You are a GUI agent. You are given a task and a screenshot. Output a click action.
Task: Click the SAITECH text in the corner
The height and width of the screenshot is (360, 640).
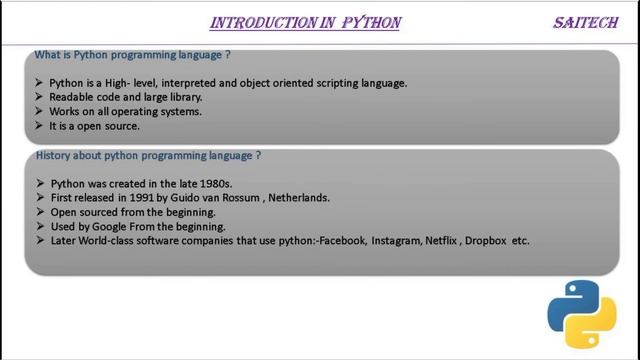pos(585,23)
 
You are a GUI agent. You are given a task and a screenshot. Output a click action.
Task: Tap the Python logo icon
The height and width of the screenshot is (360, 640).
pos(581,313)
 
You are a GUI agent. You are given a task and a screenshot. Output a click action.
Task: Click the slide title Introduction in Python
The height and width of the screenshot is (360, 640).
pos(305,23)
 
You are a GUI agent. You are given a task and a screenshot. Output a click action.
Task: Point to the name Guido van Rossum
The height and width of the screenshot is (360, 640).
pos(211,198)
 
